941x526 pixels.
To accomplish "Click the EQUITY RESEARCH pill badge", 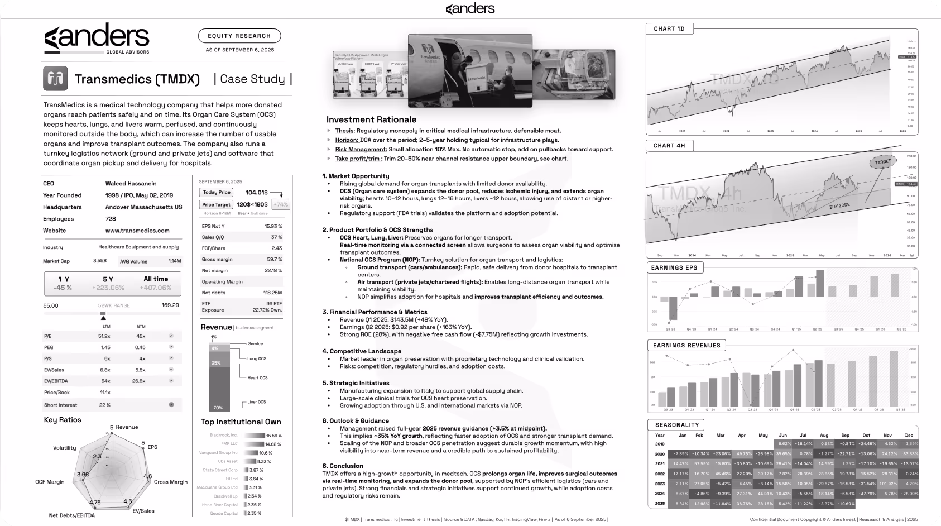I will [x=239, y=36].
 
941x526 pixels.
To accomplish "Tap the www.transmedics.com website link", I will [x=137, y=231].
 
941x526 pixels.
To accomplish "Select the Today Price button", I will [x=217, y=192].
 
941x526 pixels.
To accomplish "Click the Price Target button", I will [x=217, y=205].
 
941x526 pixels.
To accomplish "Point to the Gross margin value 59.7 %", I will [x=274, y=259].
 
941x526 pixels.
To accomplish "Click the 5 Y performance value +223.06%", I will [x=108, y=288].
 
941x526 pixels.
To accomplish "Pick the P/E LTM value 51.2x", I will [x=104, y=336].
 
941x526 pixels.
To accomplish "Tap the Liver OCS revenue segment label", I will [x=257, y=402].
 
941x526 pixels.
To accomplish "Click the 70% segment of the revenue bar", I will [x=218, y=408].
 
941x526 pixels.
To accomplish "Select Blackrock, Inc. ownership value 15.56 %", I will [x=273, y=436].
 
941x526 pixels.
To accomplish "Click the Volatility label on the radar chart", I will [x=65, y=448].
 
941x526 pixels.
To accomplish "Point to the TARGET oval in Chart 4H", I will [x=882, y=162].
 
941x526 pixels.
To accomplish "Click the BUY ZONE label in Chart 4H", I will [x=839, y=205].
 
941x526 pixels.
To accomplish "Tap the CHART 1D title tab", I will [x=669, y=28].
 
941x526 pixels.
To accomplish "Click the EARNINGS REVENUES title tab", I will [x=686, y=345].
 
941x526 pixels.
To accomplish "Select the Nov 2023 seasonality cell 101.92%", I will [x=887, y=484].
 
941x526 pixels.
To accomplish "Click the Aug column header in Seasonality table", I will [x=824, y=435].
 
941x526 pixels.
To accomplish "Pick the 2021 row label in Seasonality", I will [x=660, y=464].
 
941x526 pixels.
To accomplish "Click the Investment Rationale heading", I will [x=371, y=119].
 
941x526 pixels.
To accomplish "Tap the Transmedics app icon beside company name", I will [x=55, y=78].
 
